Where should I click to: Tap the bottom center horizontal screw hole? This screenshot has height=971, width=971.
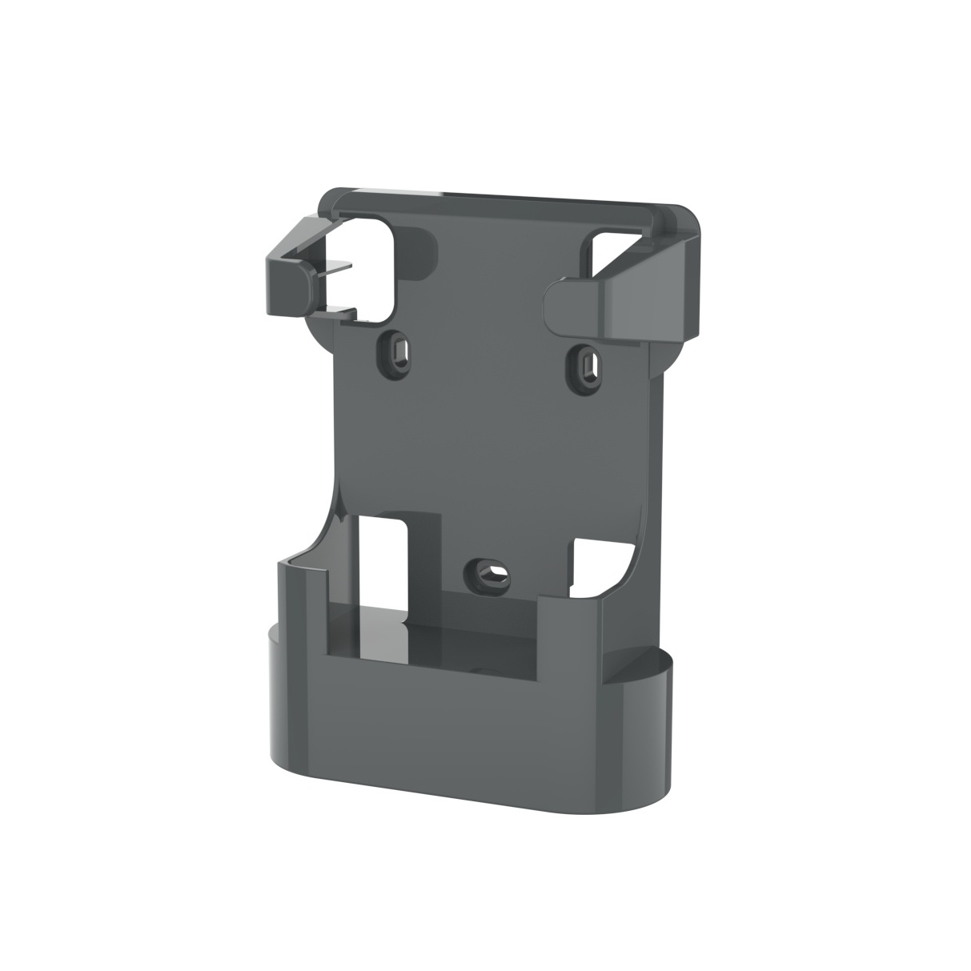tap(490, 572)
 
